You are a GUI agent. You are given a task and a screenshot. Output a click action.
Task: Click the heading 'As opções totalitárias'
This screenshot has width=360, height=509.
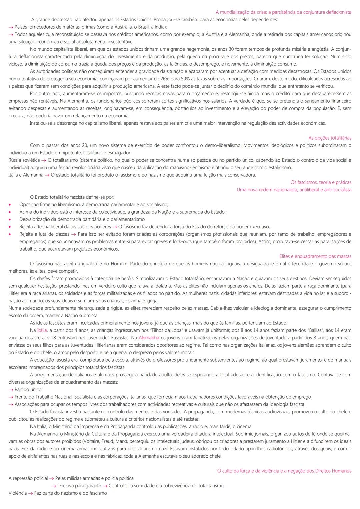(330, 138)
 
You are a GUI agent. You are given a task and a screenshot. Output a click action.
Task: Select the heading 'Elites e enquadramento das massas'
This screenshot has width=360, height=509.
(315, 256)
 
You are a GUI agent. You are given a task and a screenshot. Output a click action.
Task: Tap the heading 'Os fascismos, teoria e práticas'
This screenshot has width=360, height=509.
(321, 182)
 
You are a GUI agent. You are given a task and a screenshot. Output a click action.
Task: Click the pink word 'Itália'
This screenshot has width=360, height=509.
(42, 330)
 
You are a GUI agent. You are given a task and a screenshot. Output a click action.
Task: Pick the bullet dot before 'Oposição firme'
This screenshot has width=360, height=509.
(10, 205)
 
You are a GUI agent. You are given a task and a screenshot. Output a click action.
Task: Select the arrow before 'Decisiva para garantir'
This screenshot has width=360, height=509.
(53, 486)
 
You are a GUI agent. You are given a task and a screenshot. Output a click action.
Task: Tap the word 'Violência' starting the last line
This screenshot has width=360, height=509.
(17, 493)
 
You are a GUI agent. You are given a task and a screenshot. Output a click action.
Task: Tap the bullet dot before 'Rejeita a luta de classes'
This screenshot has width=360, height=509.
(10, 234)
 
